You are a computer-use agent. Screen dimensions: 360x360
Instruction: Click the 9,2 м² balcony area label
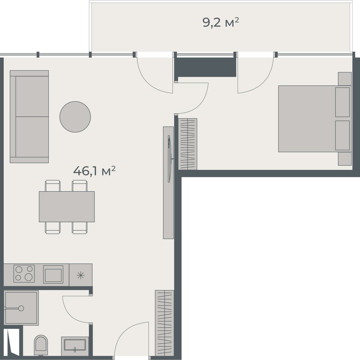pyautogui.click(x=221, y=22)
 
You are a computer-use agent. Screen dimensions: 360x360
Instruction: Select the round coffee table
pyautogui.click(x=75, y=117)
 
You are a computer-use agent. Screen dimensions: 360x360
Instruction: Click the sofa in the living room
pyautogui.click(x=29, y=117)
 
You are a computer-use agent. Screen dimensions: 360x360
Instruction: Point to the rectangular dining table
pyautogui.click(x=67, y=207)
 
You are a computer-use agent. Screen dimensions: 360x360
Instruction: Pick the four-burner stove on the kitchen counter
pyautogui.click(x=24, y=274)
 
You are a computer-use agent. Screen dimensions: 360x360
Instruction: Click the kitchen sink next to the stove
pyautogui.click(x=53, y=274)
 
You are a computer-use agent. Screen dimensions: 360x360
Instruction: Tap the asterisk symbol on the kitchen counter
pyautogui.click(x=81, y=275)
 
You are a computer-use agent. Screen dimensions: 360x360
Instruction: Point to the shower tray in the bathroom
pyautogui.click(x=22, y=307)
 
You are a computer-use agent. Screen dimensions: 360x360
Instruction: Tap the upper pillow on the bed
pyautogui.click(x=342, y=102)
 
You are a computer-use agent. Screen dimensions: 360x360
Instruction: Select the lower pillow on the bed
pyautogui.click(x=342, y=135)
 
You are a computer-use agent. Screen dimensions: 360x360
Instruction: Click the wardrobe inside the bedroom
pyautogui.click(x=188, y=144)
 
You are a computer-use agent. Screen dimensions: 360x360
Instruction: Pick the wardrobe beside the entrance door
pyautogui.click(x=164, y=322)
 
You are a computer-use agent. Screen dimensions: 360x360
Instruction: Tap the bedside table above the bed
pyautogui.click(x=344, y=79)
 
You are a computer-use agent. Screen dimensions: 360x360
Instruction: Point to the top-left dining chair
pyautogui.click(x=52, y=185)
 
